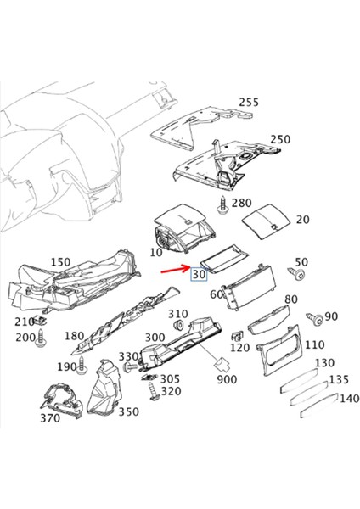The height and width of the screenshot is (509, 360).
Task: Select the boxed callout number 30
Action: coord(200,275)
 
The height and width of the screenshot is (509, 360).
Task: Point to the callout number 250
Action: coord(280,139)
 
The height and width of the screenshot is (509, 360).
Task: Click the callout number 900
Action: coord(227,379)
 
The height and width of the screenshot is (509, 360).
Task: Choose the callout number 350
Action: coord(128,412)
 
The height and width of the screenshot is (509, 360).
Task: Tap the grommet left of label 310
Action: coord(179,327)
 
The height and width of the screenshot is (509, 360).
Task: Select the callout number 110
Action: coord(314,345)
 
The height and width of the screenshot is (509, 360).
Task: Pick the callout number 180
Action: coord(74,336)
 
